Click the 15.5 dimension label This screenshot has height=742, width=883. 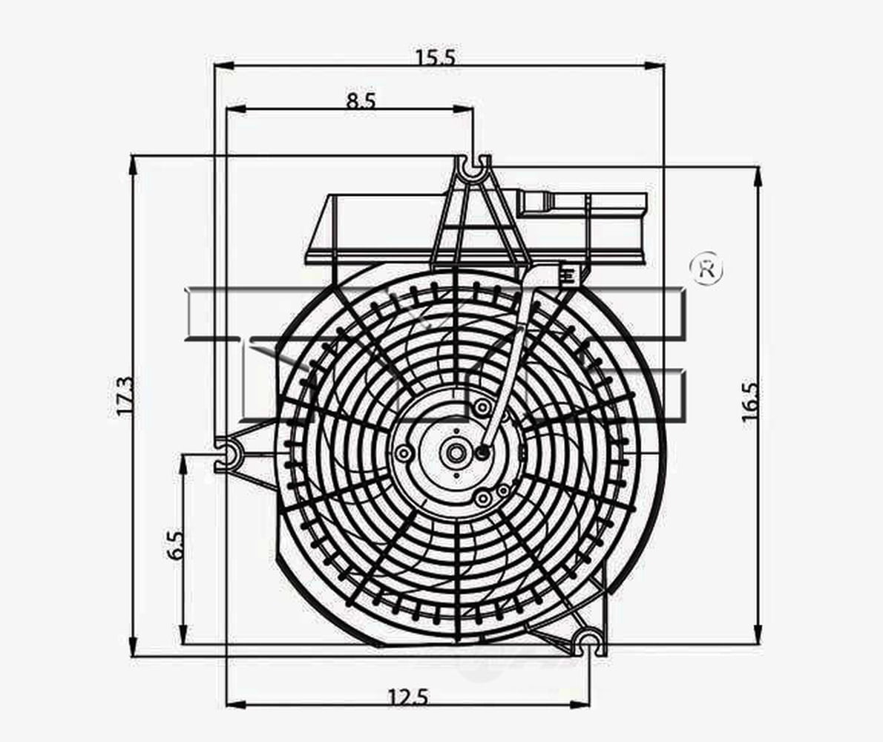coord(436,57)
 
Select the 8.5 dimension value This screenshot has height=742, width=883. coord(361,101)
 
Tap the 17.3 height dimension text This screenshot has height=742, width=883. coord(125,395)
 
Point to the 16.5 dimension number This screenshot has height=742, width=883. coord(750,401)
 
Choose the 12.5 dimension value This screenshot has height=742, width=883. coord(407,697)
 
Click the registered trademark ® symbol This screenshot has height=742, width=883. coord(706,269)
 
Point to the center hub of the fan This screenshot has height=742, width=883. coord(454,452)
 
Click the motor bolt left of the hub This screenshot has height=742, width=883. coord(404,453)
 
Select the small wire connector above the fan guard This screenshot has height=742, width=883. coord(568,275)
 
